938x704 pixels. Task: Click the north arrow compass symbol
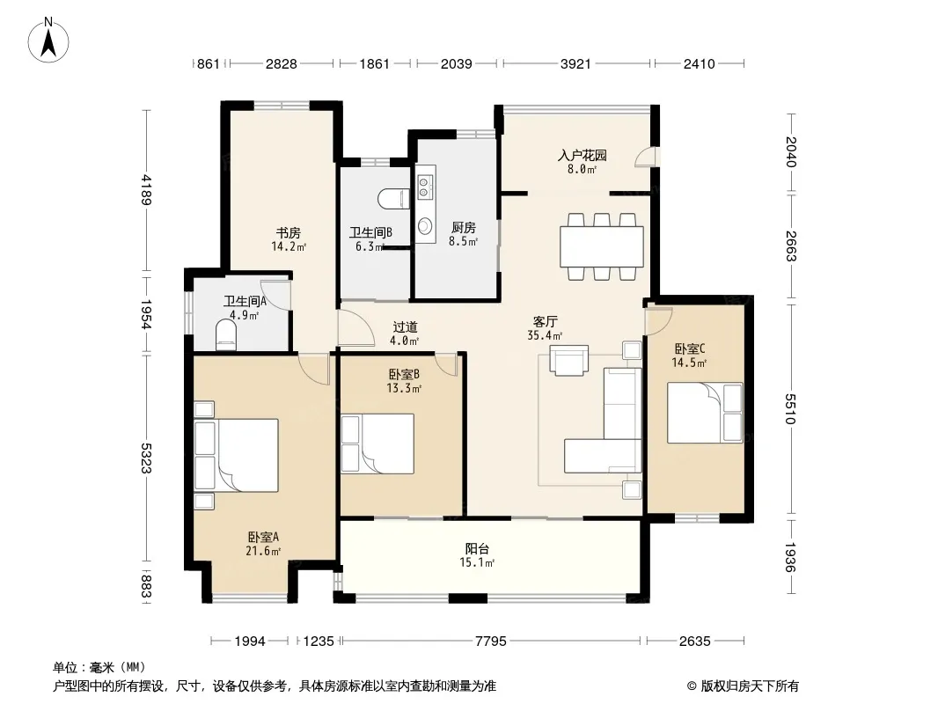click(x=48, y=40)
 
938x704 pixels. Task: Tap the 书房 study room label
click(x=289, y=232)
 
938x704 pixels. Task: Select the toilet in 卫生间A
click(x=226, y=335)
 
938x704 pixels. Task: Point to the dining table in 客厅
click(x=602, y=246)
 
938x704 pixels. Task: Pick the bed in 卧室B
click(x=377, y=444)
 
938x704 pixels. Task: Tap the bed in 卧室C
click(x=705, y=413)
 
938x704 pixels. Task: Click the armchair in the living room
click(x=568, y=361)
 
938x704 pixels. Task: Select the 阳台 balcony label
click(x=477, y=548)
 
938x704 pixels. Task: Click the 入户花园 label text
click(x=582, y=156)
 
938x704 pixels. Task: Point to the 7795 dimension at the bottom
click(x=490, y=642)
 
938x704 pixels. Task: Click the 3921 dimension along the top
click(x=575, y=63)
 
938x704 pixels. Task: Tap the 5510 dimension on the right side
click(x=791, y=408)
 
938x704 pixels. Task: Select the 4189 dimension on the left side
click(x=146, y=189)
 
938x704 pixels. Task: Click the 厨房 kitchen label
click(x=464, y=228)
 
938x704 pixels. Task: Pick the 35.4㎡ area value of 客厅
click(x=545, y=335)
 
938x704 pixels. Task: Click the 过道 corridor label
click(x=405, y=327)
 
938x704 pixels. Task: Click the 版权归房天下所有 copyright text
click(x=750, y=686)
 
